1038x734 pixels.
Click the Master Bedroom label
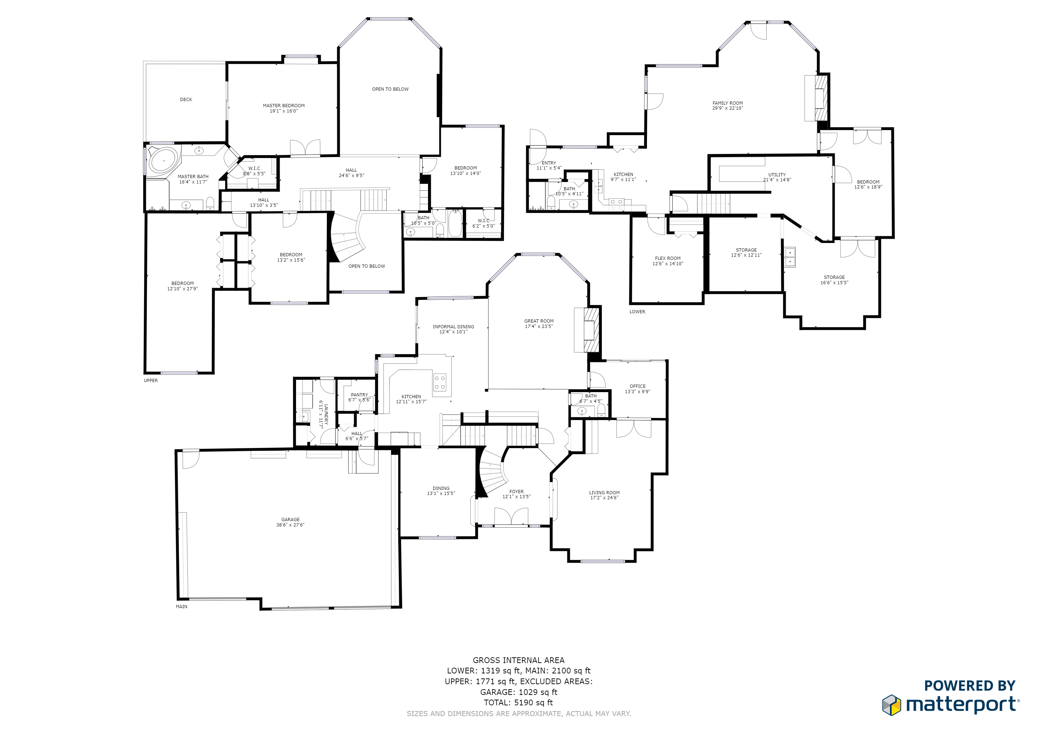click(284, 106)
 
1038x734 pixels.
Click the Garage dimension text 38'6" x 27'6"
click(290, 525)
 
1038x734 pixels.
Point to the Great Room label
click(538, 321)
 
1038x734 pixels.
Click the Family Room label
click(727, 103)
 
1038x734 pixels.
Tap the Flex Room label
click(667, 258)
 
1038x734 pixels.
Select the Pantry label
click(360, 395)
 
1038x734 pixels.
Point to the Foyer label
click(516, 492)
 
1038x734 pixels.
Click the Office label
click(637, 386)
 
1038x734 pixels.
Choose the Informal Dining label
click(453, 327)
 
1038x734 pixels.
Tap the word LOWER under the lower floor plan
click(637, 312)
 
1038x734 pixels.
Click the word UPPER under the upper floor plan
click(151, 381)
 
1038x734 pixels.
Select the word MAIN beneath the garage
click(181, 606)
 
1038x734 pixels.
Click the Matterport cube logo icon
click(891, 705)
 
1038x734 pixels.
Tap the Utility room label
click(777, 175)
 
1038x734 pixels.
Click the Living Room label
click(604, 493)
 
